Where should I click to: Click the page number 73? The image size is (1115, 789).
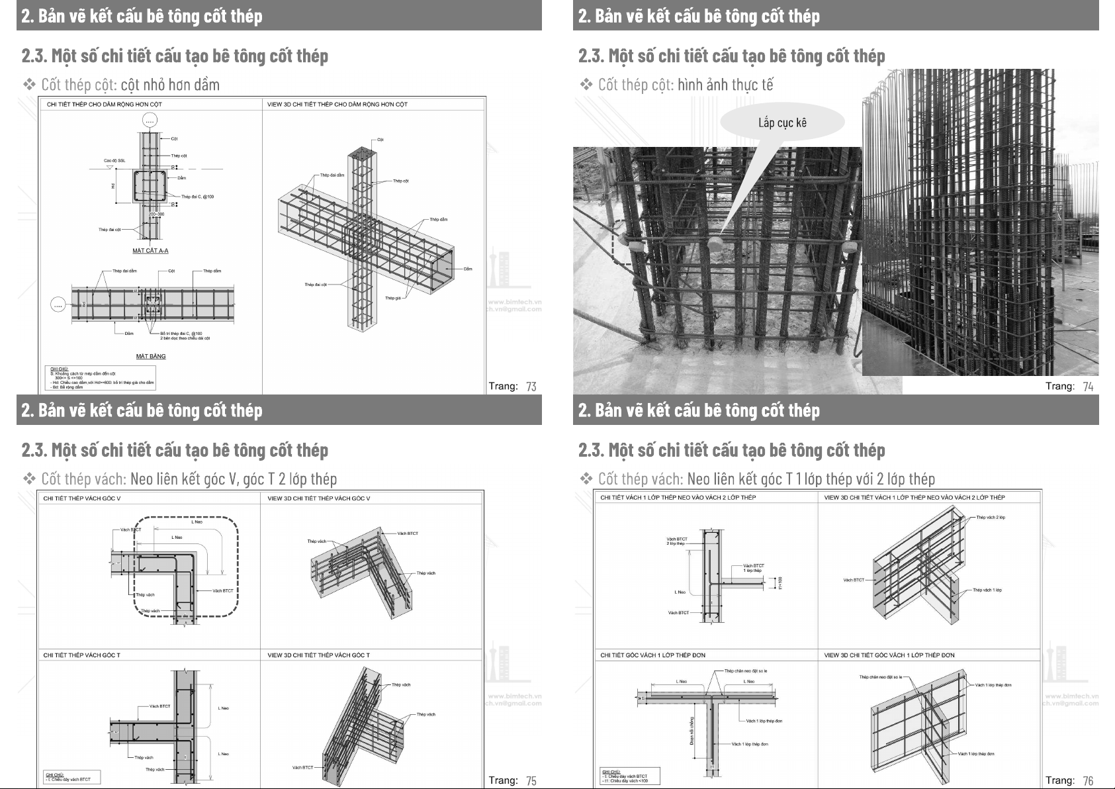pyautogui.click(x=531, y=387)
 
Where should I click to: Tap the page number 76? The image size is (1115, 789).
pyautogui.click(x=1088, y=781)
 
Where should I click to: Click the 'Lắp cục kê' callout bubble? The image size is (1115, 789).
pyautogui.click(x=782, y=123)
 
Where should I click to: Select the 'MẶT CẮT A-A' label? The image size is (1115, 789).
pyautogui.click(x=150, y=251)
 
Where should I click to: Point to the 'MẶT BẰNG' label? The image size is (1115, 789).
pyautogui.click(x=151, y=356)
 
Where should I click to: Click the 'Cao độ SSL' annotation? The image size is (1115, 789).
pyautogui.click(x=114, y=161)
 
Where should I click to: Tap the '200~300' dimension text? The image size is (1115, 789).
pyautogui.click(x=156, y=214)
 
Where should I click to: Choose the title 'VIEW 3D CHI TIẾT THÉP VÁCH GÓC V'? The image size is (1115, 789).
pyautogui.click(x=318, y=498)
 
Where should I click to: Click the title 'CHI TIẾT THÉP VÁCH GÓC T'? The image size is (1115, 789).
pyautogui.click(x=81, y=655)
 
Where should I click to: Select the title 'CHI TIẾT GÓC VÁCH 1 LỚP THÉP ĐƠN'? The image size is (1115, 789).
pyautogui.click(x=652, y=655)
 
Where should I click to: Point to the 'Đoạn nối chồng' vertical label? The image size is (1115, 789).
pyautogui.click(x=691, y=731)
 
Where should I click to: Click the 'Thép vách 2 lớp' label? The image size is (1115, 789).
pyautogui.click(x=991, y=518)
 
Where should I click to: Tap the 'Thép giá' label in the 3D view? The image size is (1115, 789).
pyautogui.click(x=393, y=299)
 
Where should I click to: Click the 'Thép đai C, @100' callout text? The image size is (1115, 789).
pyautogui.click(x=197, y=197)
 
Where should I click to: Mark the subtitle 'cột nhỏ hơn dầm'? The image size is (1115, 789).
pyautogui.click(x=170, y=85)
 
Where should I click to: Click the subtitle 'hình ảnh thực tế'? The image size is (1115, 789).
pyautogui.click(x=725, y=85)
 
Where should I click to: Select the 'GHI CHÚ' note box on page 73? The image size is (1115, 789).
pyautogui.click(x=102, y=377)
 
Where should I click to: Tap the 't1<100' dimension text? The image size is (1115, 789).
pyautogui.click(x=780, y=582)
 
